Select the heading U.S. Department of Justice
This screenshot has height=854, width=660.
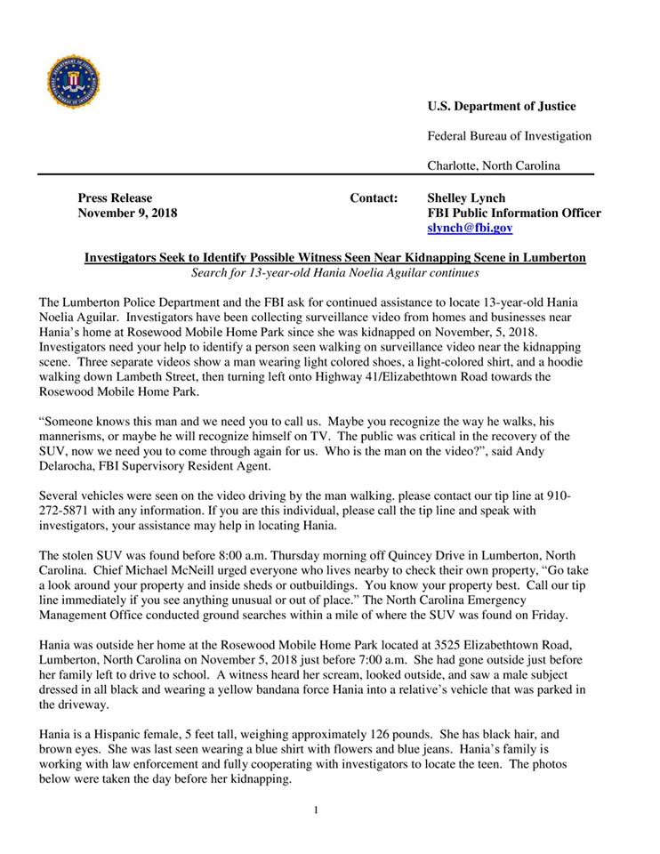coord(502,107)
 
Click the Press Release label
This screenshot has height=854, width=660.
coord(115,198)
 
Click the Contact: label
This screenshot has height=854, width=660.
coord(374,198)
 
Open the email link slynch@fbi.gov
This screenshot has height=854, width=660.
coord(470,229)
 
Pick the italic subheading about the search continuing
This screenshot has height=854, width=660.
coord(335,273)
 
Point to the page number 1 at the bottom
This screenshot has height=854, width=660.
coord(315,810)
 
